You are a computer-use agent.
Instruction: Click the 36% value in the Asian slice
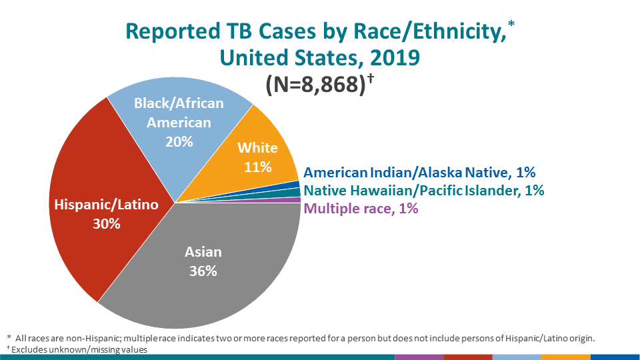[x=203, y=271]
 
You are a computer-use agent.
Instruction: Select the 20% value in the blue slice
[x=179, y=141]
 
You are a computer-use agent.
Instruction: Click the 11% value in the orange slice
[x=257, y=166]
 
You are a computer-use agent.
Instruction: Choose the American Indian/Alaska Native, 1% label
[x=420, y=173]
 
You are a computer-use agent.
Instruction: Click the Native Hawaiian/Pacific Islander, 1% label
[x=424, y=191]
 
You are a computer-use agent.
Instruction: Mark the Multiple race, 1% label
[x=361, y=209]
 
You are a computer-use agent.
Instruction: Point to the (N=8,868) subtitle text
[x=313, y=85]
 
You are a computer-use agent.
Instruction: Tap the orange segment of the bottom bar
[x=566, y=357]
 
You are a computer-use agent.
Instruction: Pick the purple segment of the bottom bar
[x=419, y=357]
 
